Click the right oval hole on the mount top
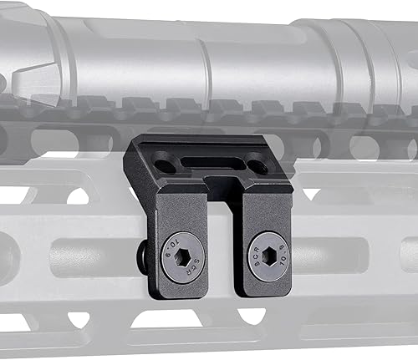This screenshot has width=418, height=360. point(260,165)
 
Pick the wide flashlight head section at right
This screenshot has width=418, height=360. point(368,50)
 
